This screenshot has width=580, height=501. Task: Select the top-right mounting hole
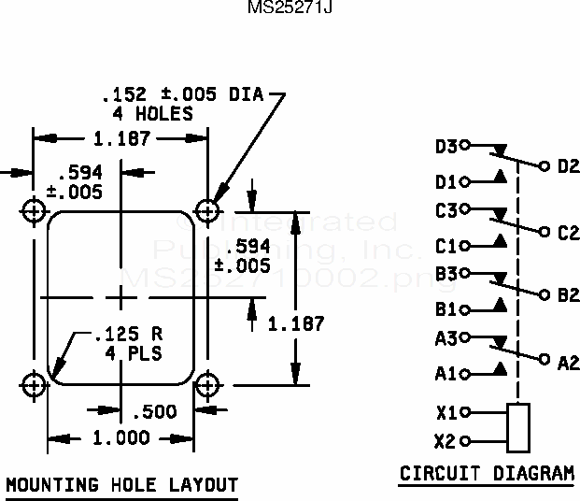(x=207, y=208)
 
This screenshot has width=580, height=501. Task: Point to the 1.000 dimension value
(x=120, y=437)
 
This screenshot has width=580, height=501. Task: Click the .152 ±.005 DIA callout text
(x=182, y=94)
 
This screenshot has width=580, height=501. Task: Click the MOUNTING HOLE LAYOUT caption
(x=121, y=485)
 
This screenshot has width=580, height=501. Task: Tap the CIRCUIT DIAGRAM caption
(x=487, y=474)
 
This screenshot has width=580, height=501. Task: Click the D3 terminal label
(x=446, y=147)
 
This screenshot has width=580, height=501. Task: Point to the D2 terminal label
(x=568, y=166)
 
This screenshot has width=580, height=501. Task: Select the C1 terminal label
(x=446, y=247)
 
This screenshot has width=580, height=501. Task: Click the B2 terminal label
(x=568, y=295)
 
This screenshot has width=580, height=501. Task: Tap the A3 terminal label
(x=446, y=339)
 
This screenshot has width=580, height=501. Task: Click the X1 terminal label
(x=446, y=412)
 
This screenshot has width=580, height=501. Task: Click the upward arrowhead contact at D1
(x=501, y=176)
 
